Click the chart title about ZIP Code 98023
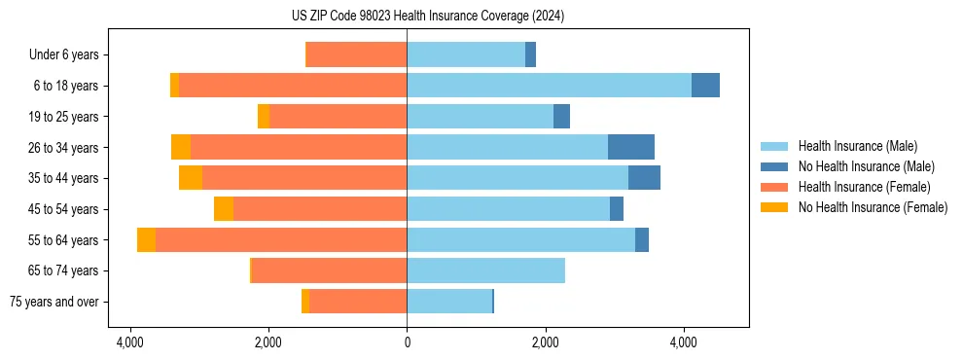click(x=427, y=17)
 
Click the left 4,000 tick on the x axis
click(x=129, y=342)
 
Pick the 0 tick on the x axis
click(x=407, y=342)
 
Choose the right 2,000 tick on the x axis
click(x=545, y=342)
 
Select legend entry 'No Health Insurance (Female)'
click(x=873, y=207)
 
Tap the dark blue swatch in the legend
click(x=776, y=166)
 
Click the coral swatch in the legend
click(x=776, y=187)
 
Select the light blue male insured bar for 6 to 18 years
click(x=549, y=86)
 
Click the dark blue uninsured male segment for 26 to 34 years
click(x=631, y=147)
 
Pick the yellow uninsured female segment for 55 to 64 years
click(x=146, y=240)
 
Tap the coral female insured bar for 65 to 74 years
click(x=329, y=270)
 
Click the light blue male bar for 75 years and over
click(x=449, y=302)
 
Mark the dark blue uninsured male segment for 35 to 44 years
click(x=644, y=178)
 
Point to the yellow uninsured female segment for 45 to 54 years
click(x=224, y=209)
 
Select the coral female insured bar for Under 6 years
click(x=356, y=55)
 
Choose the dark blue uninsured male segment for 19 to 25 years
click(x=561, y=117)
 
